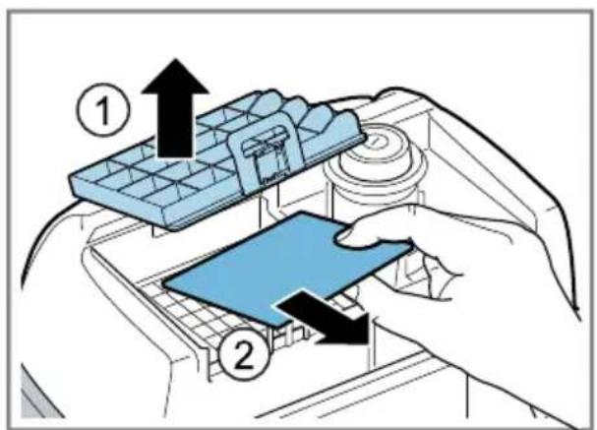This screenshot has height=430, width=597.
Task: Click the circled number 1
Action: [x=103, y=110]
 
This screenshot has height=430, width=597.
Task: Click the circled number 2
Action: [x=243, y=354]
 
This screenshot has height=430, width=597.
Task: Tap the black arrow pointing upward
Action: [x=175, y=108]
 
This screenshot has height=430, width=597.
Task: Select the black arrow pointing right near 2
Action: [x=323, y=317]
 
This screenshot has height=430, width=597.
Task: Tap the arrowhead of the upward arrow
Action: [x=175, y=76]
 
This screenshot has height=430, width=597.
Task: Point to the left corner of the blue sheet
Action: [x=164, y=283]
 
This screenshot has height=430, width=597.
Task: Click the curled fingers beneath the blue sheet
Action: [x=430, y=275]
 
